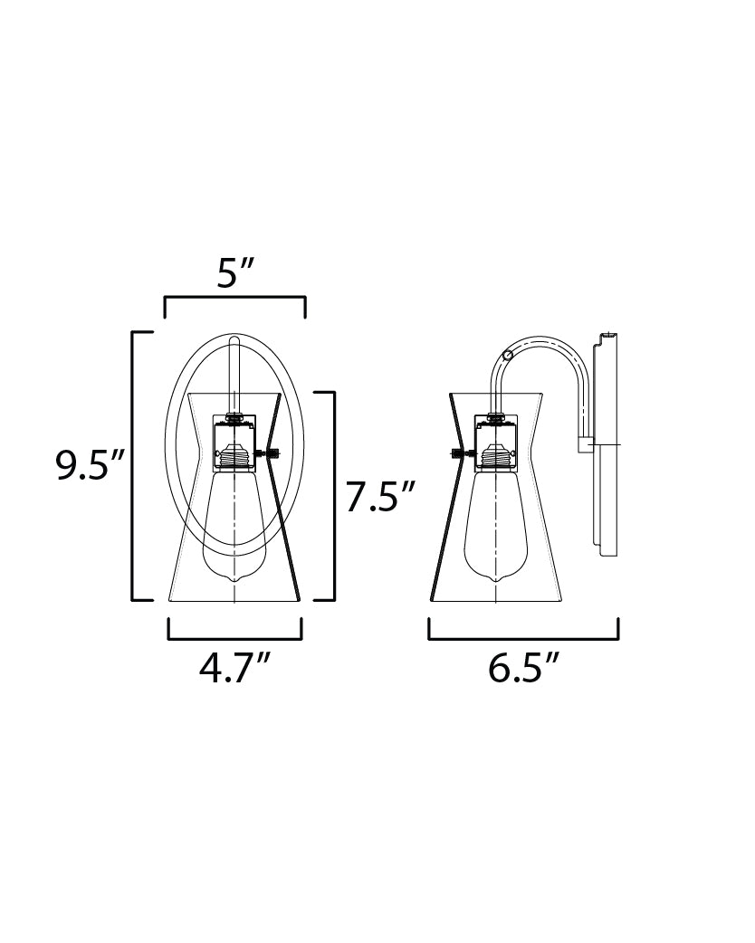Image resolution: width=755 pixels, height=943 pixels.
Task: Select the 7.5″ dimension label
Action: click(381, 497)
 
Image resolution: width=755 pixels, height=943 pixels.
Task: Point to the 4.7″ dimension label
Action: click(235, 668)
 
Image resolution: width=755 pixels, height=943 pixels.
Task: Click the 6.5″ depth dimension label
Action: click(523, 668)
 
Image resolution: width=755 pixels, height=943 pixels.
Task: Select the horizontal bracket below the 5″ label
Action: click(235, 298)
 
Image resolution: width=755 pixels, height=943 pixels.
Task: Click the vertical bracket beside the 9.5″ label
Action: click(133, 465)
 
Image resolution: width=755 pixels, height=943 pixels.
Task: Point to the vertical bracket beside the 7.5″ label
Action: click(333, 496)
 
